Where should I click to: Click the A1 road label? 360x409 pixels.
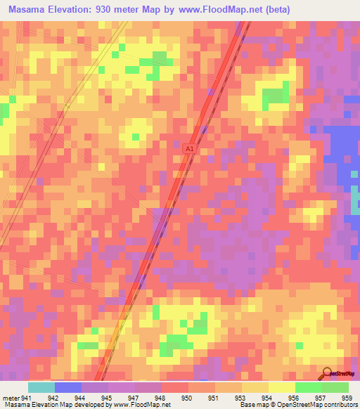point(189,149)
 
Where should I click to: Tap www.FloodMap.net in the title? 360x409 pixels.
point(214,10)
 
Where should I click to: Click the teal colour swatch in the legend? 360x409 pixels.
point(41,387)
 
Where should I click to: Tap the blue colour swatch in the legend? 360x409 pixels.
point(68,387)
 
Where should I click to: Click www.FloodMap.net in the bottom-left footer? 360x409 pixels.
point(134,404)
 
